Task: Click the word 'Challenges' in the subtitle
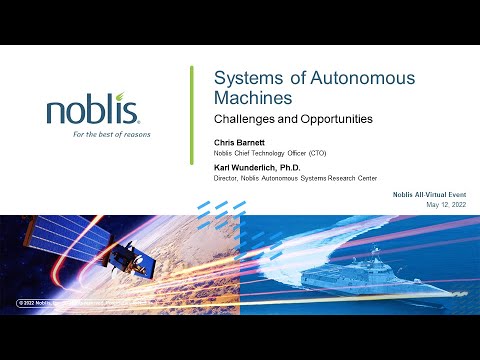(x=245, y=119)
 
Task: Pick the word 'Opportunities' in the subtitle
(x=337, y=119)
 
